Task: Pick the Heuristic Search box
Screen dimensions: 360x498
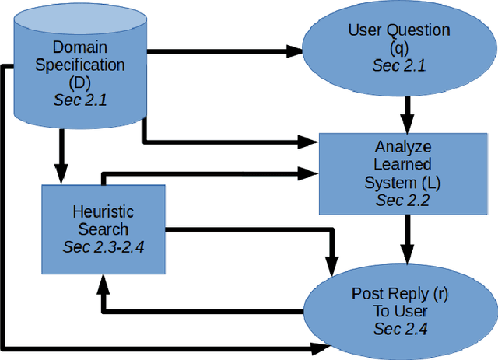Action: (x=103, y=229)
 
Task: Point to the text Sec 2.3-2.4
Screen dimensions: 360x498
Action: (x=103, y=247)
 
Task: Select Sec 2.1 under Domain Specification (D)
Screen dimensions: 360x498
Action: (x=82, y=100)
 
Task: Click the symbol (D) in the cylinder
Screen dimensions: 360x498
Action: (x=82, y=82)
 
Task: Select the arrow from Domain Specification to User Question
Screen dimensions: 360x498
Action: (x=226, y=52)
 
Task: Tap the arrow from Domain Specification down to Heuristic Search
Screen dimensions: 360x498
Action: (x=61, y=156)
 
